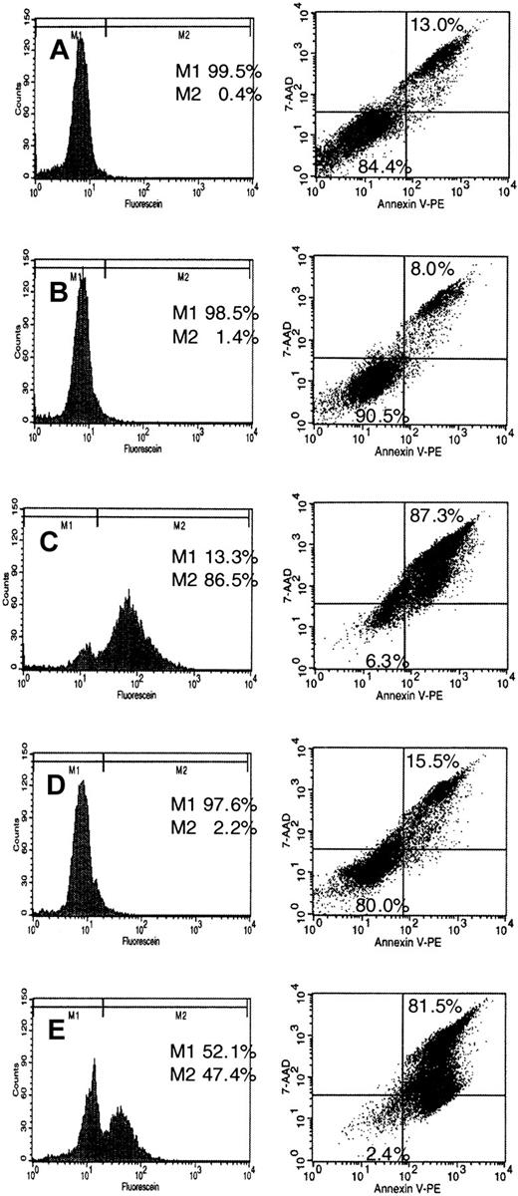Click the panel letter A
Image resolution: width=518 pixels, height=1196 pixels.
point(60,51)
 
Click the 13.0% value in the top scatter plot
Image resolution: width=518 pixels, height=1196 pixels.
point(436,23)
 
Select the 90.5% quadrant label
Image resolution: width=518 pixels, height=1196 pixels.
point(379,413)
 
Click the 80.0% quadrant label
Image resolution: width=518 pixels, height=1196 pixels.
point(380,905)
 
